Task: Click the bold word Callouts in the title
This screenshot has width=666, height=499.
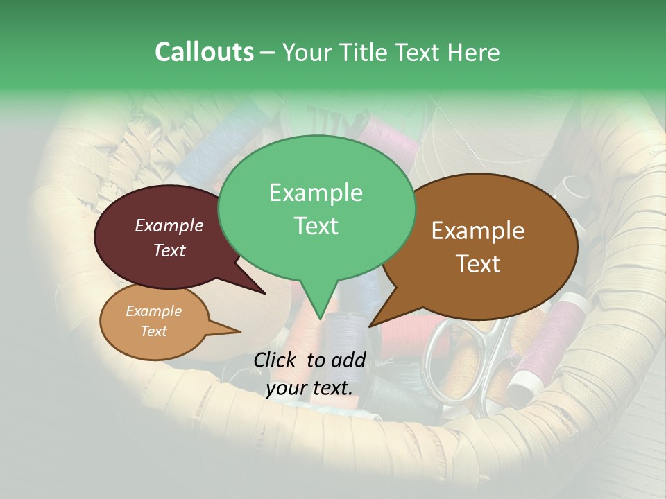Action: pos(204,52)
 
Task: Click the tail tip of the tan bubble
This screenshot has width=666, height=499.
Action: pos(240,331)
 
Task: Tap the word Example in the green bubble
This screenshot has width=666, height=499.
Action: pos(316,192)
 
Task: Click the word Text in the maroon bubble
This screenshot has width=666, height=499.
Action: pos(169,251)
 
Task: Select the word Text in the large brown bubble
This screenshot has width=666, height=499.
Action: pos(478,263)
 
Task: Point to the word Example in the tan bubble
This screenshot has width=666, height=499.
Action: pos(153,311)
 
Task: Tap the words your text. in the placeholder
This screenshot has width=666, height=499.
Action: pos(309,388)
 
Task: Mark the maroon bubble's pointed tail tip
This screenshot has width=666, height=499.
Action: pos(266,294)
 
